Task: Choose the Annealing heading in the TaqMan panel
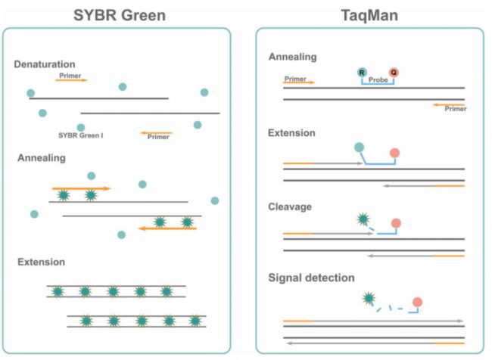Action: (293, 57)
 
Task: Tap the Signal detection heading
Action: (312, 278)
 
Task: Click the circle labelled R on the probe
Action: (363, 73)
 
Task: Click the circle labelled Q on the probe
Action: (394, 73)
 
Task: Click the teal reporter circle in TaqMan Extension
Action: (358, 147)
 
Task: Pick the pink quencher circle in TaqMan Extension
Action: (394, 154)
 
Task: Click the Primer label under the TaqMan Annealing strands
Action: (455, 109)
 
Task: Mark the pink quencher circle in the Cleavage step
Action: (394, 225)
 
